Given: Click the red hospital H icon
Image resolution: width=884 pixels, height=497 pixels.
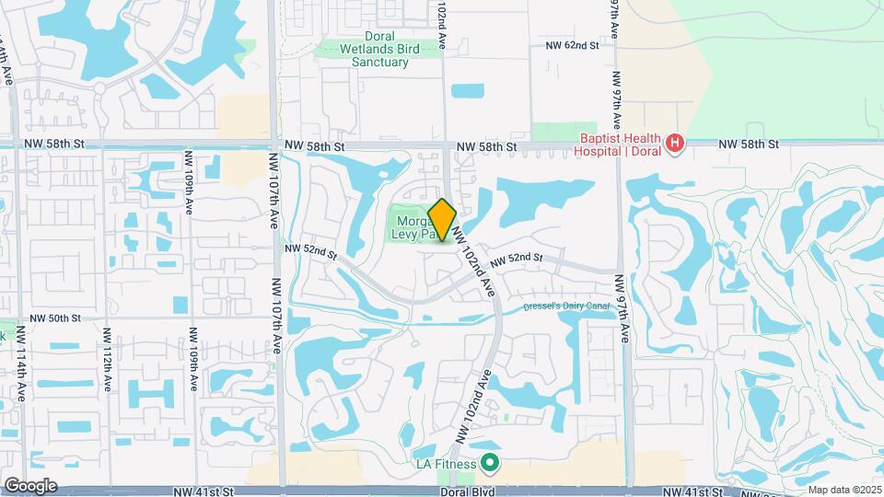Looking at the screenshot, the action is pos(675,144).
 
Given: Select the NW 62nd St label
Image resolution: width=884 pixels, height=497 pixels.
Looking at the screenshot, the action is pos(572,44).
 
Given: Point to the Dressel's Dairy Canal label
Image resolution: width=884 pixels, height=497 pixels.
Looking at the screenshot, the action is pos(567,306).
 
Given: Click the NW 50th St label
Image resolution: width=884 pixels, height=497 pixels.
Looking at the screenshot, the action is pos(56,318).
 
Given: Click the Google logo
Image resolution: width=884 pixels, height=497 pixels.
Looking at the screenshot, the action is pos(30,486).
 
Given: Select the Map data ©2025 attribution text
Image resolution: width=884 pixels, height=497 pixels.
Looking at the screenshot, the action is pos(843,490).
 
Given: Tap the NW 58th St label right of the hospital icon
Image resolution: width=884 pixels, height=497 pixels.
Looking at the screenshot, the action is pos(749,144).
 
